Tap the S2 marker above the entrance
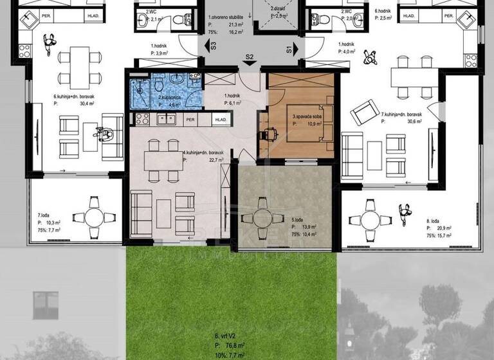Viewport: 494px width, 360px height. click(250, 57)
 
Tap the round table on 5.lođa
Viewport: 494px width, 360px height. click(262, 218)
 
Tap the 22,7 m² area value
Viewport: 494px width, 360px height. click(210, 161)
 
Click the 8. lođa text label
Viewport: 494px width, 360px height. click(436, 221)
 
